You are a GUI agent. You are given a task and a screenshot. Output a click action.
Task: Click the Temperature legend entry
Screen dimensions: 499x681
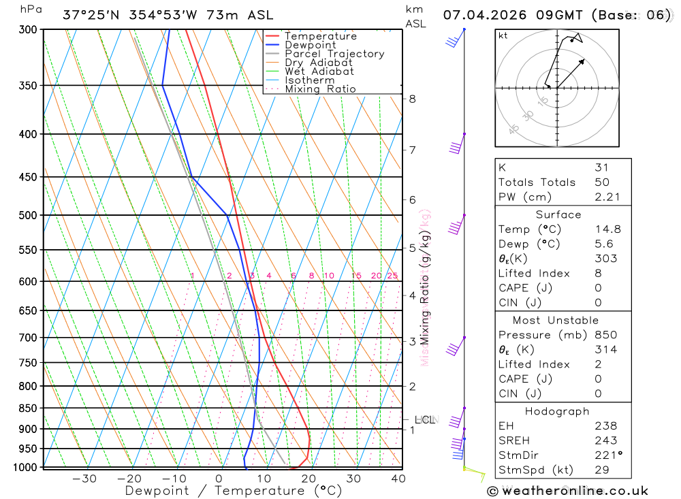[x=320, y=36]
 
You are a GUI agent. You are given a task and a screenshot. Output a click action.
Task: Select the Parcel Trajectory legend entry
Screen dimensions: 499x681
[x=334, y=54]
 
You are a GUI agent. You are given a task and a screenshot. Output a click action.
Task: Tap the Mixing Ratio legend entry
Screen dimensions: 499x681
[x=320, y=89]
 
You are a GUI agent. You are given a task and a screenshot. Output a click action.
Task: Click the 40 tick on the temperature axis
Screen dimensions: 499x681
[x=398, y=479]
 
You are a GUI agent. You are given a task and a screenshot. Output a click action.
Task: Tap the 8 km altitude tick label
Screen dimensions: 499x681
[x=412, y=99]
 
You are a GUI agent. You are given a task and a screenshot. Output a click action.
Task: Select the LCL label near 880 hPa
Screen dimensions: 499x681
[x=425, y=420]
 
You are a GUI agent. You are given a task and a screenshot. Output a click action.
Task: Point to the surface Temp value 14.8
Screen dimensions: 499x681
[x=607, y=229]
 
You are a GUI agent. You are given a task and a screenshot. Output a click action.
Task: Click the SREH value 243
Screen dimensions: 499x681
[x=605, y=440]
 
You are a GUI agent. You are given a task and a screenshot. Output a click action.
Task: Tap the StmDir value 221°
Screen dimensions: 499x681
[x=608, y=455]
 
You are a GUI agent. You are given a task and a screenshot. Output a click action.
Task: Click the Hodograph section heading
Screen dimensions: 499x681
[x=558, y=411]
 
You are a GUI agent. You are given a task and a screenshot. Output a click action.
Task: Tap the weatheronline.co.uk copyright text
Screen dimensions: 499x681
[x=568, y=491]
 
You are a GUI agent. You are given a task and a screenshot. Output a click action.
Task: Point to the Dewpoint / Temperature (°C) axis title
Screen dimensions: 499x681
[x=233, y=491]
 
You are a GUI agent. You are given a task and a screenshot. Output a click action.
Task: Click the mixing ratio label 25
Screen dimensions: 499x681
[x=392, y=276]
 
